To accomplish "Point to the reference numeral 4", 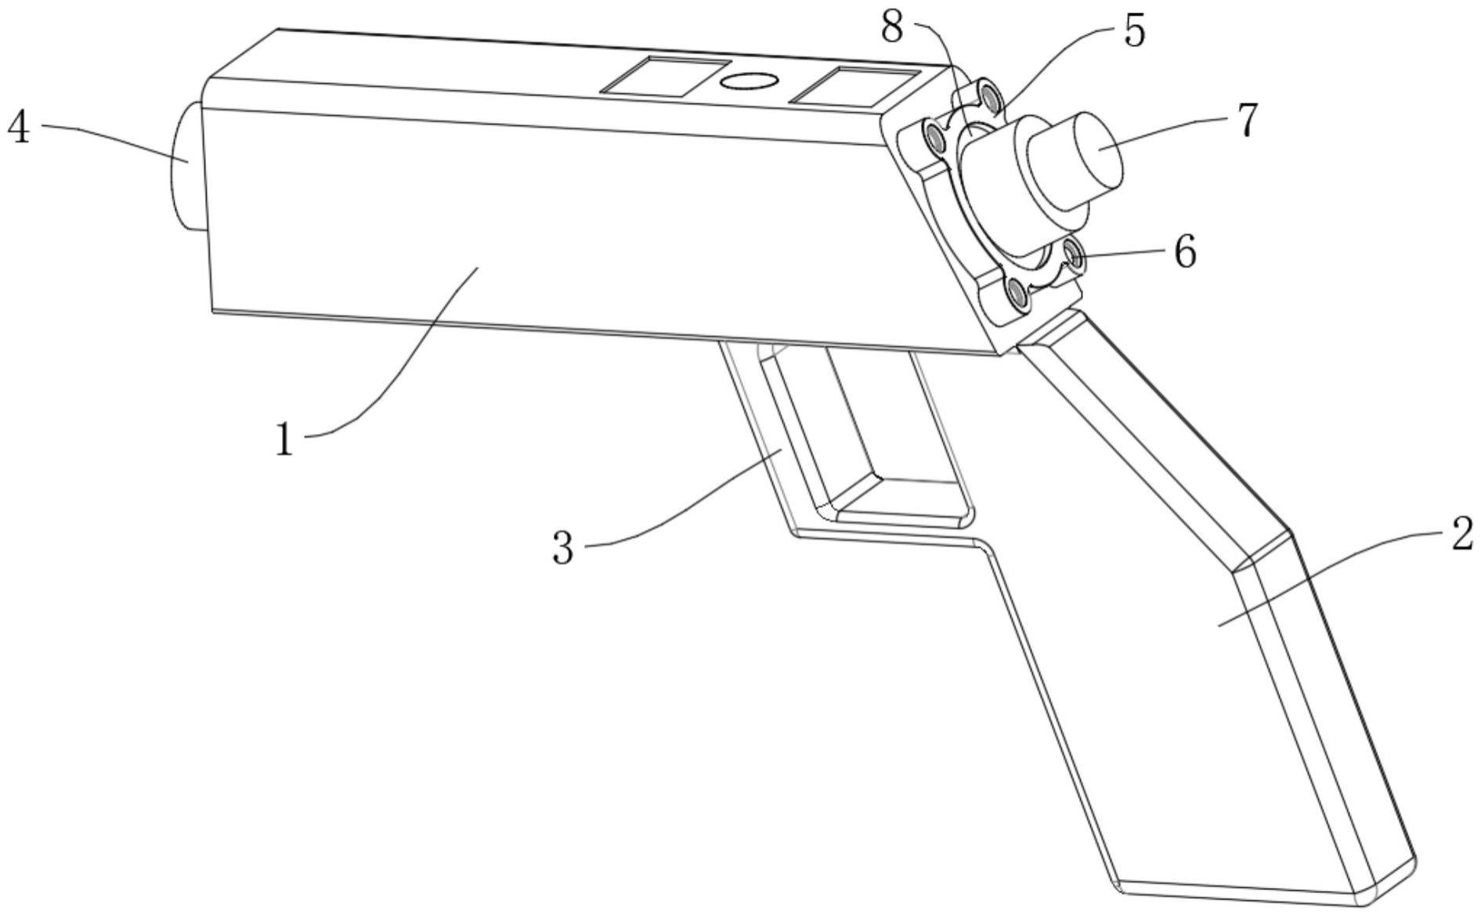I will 19,128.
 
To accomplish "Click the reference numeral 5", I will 1133,31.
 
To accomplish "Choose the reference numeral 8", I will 892,27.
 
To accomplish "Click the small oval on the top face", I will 748,81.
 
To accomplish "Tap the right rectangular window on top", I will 854,86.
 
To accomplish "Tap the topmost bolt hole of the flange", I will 992,99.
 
